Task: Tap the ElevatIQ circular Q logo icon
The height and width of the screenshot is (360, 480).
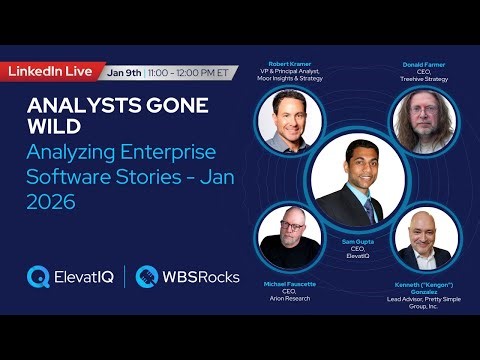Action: (x=40, y=276)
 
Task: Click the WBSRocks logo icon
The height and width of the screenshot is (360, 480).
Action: (x=148, y=276)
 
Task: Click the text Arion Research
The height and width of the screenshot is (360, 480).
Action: (x=288, y=298)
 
